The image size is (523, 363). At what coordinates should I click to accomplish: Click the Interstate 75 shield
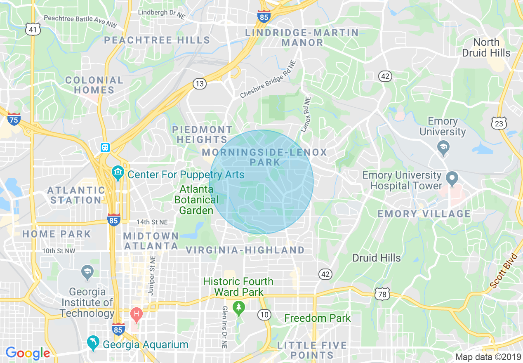pos(14,119)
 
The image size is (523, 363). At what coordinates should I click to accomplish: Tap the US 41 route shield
pos(33,29)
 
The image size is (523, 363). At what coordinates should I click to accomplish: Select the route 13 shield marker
pos(199,84)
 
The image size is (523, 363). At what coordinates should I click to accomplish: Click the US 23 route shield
pos(499,123)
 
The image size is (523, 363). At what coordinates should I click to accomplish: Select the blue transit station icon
pos(105,148)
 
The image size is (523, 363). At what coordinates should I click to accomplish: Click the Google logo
pos(28,353)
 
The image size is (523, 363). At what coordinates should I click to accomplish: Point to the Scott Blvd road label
pos(504,271)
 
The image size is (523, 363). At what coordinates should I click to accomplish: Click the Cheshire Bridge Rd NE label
pos(268,80)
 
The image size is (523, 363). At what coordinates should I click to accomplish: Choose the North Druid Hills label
pos(486,47)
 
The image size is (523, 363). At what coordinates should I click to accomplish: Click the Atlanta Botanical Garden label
pos(196,200)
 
